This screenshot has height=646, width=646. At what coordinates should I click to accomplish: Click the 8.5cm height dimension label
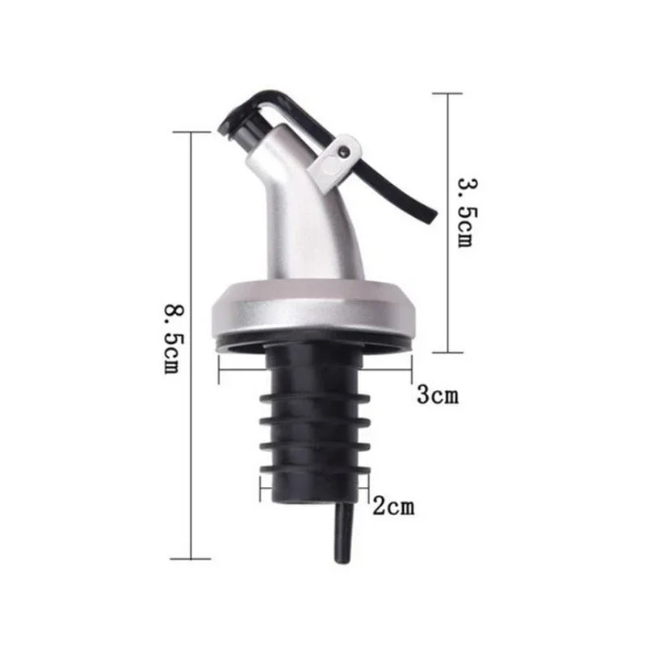click(x=170, y=338)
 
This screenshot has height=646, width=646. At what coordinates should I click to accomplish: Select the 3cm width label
click(x=437, y=395)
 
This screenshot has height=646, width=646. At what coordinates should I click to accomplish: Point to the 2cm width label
click(x=393, y=507)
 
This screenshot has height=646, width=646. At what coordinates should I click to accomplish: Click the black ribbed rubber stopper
click(x=314, y=420)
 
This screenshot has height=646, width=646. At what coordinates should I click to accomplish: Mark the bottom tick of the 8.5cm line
click(x=191, y=558)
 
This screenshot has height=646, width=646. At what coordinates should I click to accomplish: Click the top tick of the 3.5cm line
click(x=448, y=94)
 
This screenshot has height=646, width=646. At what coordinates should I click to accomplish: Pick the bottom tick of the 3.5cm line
click(x=448, y=352)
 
